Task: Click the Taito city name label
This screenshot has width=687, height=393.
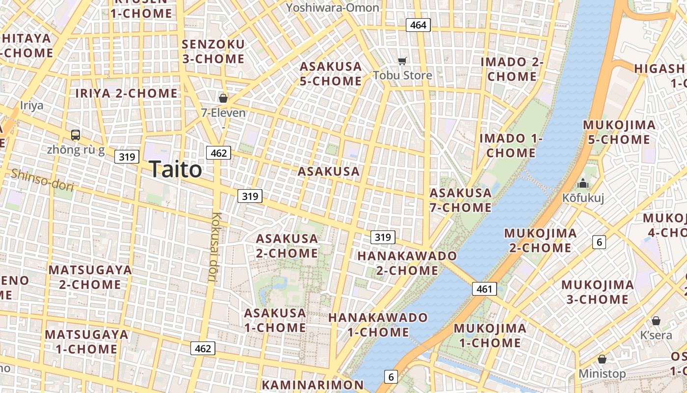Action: [175, 169]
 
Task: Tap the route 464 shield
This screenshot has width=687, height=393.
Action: [418, 25]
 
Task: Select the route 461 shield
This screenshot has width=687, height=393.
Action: [484, 289]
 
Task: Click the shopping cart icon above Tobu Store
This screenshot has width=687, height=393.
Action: [402, 61]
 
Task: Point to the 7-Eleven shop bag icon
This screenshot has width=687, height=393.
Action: [223, 98]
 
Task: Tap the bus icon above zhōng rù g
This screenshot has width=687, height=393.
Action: [76, 135]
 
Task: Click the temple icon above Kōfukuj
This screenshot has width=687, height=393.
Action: [583, 184]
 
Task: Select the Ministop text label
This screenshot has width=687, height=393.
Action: [602, 374]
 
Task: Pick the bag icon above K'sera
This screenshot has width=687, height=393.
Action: [656, 321]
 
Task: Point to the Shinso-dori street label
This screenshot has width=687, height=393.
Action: [43, 180]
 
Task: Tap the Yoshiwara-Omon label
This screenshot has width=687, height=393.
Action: [333, 7]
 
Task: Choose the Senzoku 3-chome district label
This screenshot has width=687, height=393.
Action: [213, 52]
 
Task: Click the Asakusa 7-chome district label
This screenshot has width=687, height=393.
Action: [460, 200]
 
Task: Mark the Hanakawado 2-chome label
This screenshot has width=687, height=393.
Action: [407, 263]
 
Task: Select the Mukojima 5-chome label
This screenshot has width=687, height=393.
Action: [619, 132]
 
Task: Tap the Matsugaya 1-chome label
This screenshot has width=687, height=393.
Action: [86, 342]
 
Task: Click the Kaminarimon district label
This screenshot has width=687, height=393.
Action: [313, 385]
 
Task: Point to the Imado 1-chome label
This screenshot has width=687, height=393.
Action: [511, 145]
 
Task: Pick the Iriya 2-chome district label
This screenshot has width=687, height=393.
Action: [126, 93]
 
